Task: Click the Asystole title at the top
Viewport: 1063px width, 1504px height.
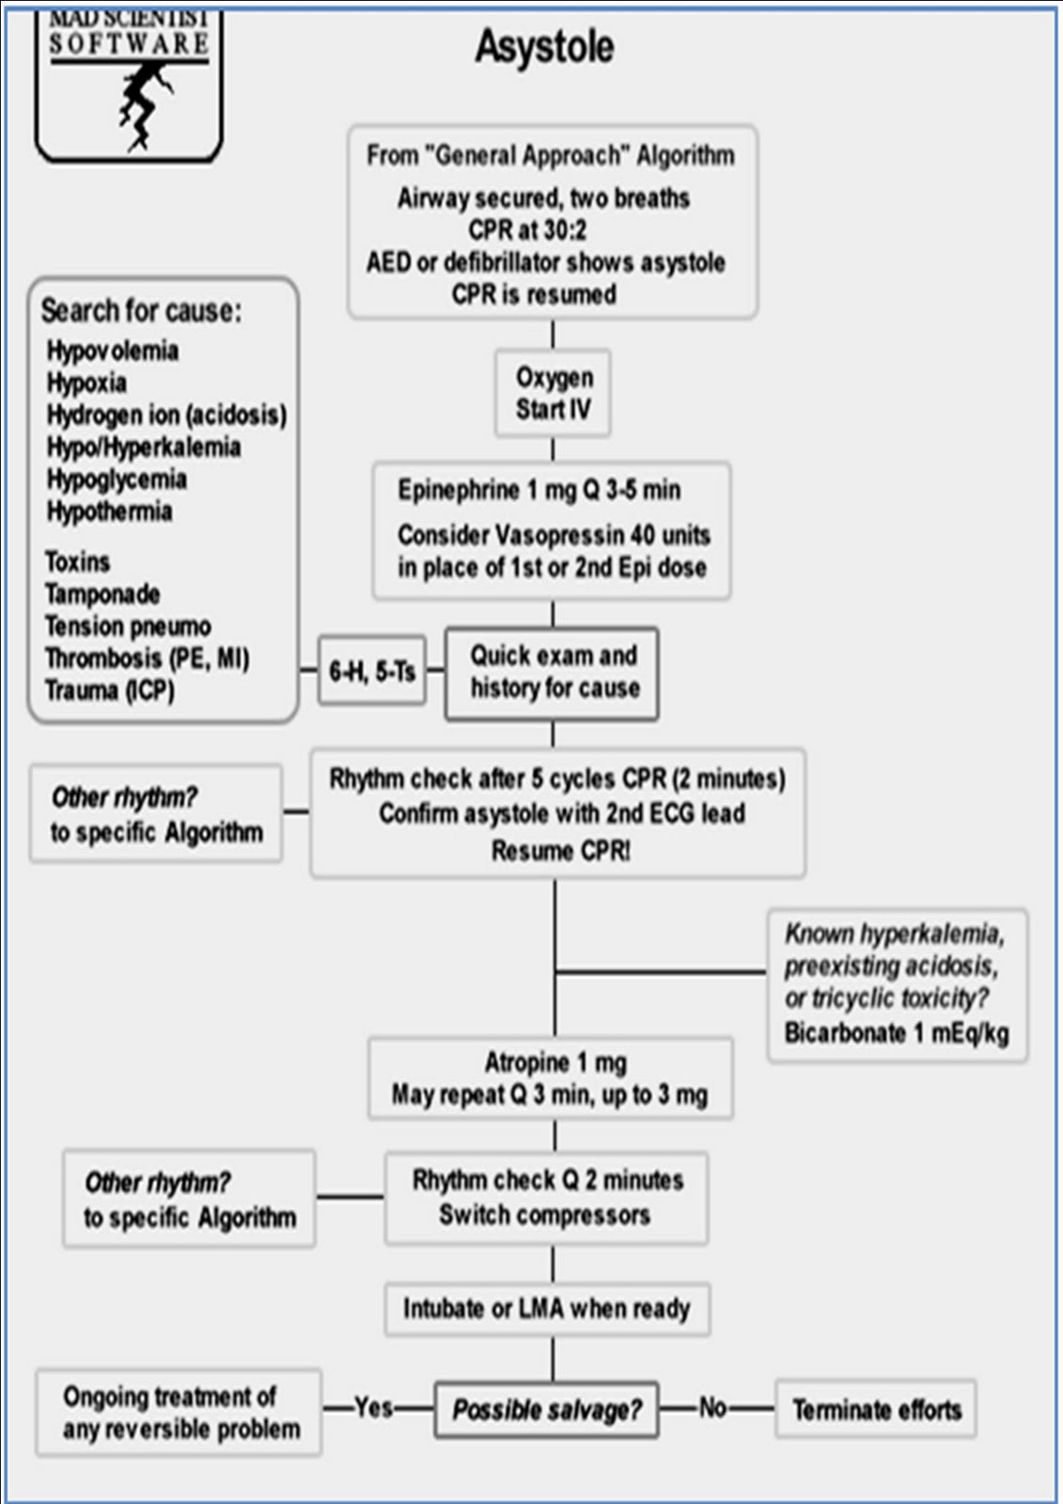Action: pos(544,47)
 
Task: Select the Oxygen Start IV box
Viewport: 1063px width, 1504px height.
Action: pos(553,393)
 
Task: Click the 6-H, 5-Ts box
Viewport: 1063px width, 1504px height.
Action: pos(372,670)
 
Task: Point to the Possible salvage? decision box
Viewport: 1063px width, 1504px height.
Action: pos(547,1409)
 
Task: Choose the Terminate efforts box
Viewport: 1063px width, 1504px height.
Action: pos(876,1409)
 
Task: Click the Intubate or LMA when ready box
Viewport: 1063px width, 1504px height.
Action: pos(547,1308)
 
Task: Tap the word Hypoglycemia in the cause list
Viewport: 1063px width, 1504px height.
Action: pos(117,479)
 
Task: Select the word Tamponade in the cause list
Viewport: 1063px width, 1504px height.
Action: pos(102,593)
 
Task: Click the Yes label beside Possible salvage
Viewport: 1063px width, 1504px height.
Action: pos(373,1406)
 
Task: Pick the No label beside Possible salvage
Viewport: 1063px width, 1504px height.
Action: pos(712,1406)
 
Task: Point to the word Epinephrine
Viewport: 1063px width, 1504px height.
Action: pos(459,490)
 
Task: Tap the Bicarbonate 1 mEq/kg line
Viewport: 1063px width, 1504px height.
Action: pos(897,1033)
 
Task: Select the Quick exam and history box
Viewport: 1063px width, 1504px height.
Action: pos(552,674)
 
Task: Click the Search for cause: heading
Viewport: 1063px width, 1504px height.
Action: pos(141,311)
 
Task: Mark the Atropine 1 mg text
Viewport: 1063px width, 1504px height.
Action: pos(556,1063)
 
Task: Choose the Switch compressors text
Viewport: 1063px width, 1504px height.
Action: pos(544,1214)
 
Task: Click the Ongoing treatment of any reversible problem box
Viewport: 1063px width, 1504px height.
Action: pos(179,1413)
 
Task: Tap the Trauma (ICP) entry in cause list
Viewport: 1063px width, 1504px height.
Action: pos(109,690)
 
